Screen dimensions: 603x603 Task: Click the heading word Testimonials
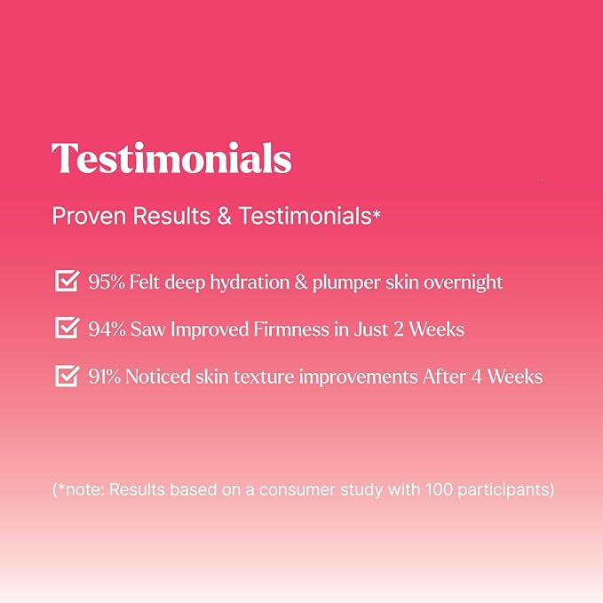[x=171, y=159]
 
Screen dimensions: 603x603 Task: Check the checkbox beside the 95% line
[x=66, y=282]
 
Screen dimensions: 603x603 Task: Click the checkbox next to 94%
[x=66, y=329]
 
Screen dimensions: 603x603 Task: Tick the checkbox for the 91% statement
[x=66, y=376]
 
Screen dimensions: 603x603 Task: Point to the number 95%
[x=107, y=282]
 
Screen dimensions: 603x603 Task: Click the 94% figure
[x=107, y=329]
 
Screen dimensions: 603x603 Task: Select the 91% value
[x=106, y=377]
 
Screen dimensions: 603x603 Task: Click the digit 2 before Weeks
[x=399, y=329]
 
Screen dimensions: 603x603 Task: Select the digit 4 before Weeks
[x=476, y=377]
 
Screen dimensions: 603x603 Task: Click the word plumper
[x=336, y=283]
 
